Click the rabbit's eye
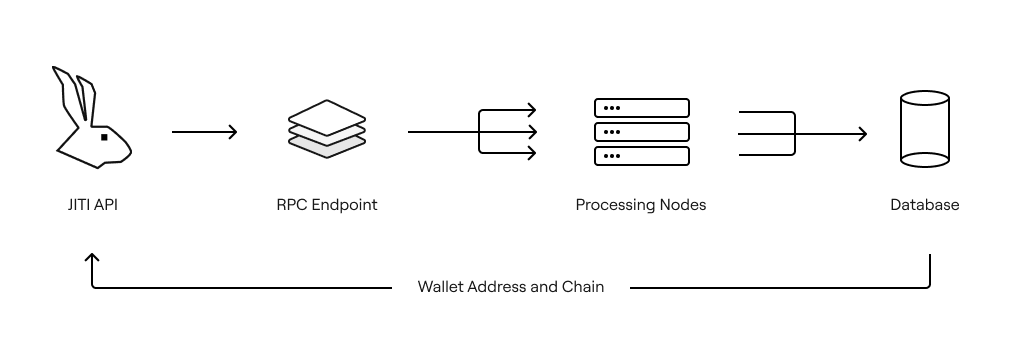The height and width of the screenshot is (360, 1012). point(104,137)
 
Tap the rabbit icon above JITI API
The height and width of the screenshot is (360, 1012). point(92,117)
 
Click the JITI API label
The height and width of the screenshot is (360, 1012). point(93,205)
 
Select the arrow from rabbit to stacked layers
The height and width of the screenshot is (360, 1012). point(204,132)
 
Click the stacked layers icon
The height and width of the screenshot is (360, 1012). point(327,128)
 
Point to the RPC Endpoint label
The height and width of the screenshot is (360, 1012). point(327,205)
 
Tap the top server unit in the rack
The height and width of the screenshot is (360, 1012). point(642,108)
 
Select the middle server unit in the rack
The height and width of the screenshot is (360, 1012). point(642,132)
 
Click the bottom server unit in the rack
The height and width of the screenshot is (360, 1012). point(642,156)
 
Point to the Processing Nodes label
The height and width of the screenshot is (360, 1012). point(641,205)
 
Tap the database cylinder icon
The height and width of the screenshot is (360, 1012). point(925,129)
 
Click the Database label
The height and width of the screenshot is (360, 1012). point(925,205)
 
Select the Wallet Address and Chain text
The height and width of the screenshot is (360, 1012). point(511,286)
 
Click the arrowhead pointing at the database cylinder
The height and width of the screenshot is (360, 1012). point(862,134)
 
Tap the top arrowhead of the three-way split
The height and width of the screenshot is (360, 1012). point(532,110)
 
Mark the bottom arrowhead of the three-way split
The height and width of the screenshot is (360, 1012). point(532,154)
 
